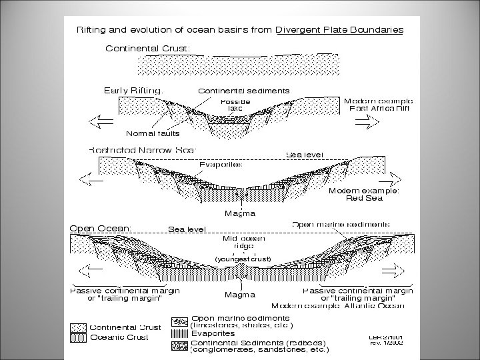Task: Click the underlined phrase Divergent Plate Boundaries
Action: (339, 29)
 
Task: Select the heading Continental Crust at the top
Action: (147, 48)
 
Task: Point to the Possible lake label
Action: (235, 105)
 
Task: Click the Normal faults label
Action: (153, 133)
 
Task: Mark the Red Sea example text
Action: (364, 197)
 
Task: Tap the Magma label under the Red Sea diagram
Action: (239, 213)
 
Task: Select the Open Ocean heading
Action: (101, 227)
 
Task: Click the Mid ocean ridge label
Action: (239, 242)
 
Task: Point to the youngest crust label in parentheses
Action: (242, 258)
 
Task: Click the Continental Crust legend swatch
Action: (79, 328)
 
